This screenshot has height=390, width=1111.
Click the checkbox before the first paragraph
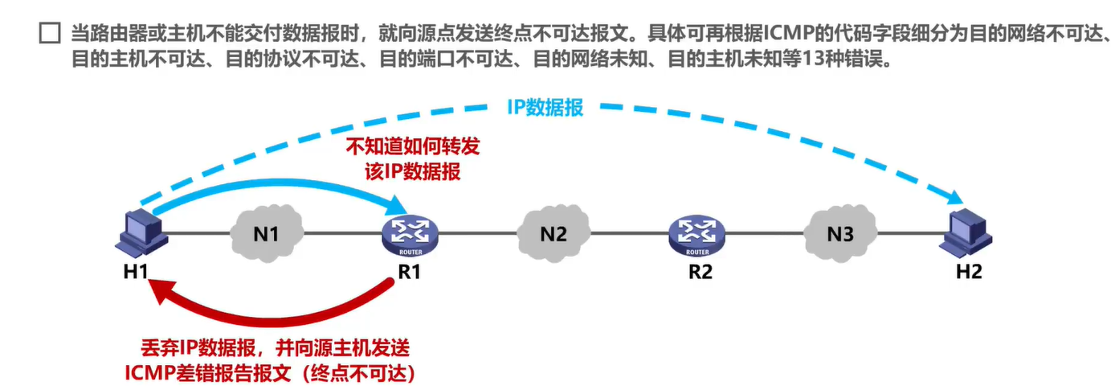pyautogui.click(x=50, y=34)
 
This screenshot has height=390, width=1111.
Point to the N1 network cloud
pyautogui.click(x=266, y=233)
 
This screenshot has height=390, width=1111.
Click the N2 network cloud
pyautogui.click(x=553, y=233)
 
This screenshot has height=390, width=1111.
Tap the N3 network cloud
pyautogui.click(x=839, y=233)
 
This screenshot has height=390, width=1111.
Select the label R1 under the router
pyautogui.click(x=410, y=272)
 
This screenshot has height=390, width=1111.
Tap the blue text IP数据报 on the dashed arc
pyautogui.click(x=545, y=108)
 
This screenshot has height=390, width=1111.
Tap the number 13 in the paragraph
pyautogui.click(x=819, y=61)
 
